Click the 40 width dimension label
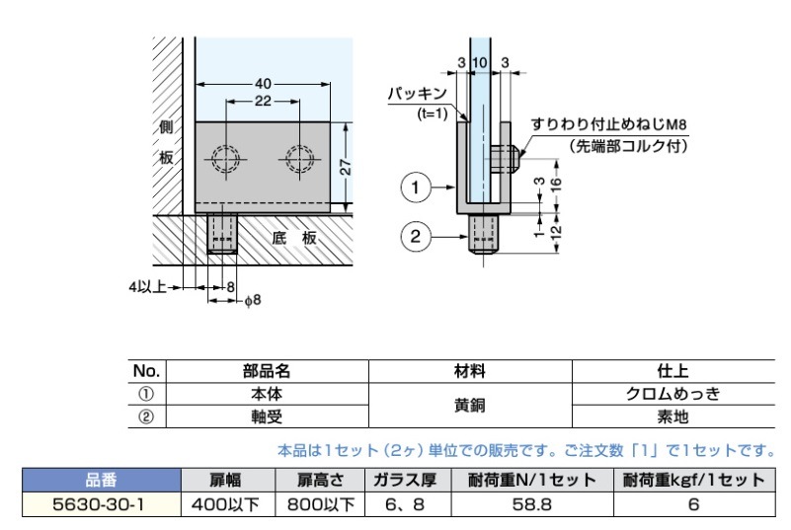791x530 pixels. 263,84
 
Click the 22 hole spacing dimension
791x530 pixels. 263,102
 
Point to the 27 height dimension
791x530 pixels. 346,167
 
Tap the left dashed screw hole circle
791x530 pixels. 225,159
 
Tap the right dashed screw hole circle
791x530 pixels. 299,159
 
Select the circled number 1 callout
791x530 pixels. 415,188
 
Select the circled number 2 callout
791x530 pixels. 415,236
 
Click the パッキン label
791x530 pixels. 417,94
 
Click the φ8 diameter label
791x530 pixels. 253,300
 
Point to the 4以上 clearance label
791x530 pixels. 147,287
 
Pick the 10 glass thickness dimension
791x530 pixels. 480,62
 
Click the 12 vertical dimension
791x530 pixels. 556,232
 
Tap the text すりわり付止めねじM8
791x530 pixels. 608,124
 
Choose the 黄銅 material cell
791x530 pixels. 470,406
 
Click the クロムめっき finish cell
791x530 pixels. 672,394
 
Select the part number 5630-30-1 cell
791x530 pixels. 101,504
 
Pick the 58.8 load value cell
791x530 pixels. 532,504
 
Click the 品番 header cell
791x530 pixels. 101,480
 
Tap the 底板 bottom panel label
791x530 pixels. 294,238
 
